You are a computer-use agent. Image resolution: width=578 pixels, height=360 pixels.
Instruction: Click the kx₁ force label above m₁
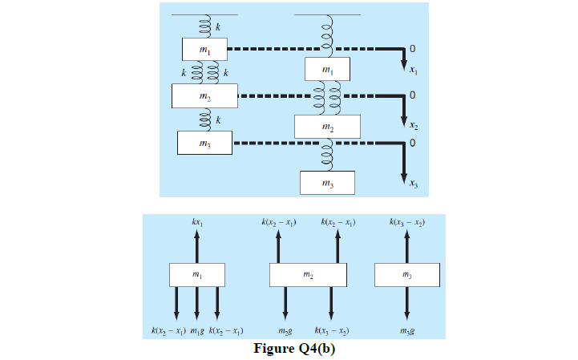[196, 221]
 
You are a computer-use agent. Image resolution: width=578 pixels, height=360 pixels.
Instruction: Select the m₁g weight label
[196, 330]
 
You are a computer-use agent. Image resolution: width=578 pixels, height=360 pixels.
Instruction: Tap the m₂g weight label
[285, 330]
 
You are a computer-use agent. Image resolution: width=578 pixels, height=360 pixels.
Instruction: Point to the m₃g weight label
[407, 330]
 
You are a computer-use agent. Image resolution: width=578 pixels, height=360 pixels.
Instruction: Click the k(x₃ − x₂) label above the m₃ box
[407, 221]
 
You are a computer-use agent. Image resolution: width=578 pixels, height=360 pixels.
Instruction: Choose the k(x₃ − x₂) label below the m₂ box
[331, 330]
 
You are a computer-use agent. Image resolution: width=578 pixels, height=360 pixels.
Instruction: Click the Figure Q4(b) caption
[293, 349]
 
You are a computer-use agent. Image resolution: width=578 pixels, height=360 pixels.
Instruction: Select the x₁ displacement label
[412, 71]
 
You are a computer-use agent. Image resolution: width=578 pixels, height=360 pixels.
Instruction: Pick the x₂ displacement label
[412, 127]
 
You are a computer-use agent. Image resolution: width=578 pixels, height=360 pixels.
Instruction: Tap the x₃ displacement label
[412, 185]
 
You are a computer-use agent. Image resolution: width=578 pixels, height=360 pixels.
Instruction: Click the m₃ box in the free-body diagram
[407, 274]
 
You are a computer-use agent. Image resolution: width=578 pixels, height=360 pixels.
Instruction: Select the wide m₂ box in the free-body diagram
[308, 274]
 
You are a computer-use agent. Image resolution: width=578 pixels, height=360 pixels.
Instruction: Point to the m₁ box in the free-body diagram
[196, 274]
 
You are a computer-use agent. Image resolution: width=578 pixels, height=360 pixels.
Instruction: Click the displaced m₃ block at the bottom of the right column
[327, 183]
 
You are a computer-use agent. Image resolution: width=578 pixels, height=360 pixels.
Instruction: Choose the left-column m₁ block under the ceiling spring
[204, 50]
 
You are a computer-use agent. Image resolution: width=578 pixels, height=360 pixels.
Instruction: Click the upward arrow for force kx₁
[196, 245]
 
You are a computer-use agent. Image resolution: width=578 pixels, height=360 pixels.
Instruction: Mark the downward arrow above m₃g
[407, 305]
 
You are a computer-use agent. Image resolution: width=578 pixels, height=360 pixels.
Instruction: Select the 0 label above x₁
[412, 49]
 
